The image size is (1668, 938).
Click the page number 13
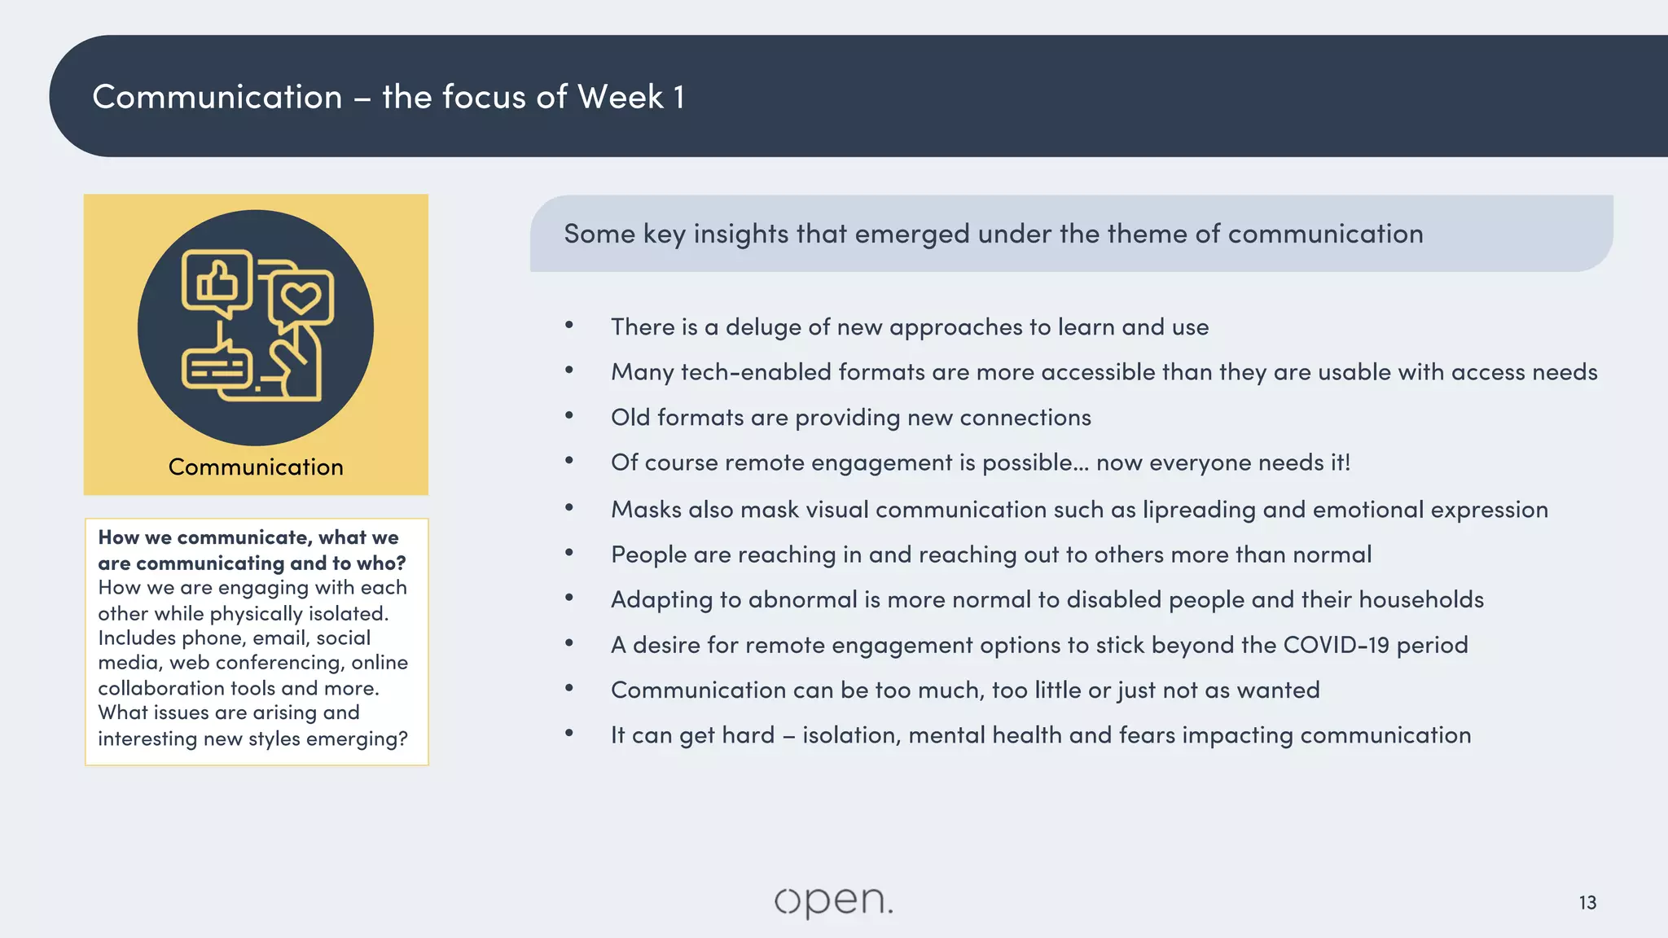1587,902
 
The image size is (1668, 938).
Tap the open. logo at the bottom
833,901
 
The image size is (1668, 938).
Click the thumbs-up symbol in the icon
217,283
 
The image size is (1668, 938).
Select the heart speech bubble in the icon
301,298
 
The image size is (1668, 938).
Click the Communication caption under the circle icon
256,467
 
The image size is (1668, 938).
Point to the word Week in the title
621,97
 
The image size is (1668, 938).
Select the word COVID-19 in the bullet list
1337,645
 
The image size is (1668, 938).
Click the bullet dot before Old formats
569,416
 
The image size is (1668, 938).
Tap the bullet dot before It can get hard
569,734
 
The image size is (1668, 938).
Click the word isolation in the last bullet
851,735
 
